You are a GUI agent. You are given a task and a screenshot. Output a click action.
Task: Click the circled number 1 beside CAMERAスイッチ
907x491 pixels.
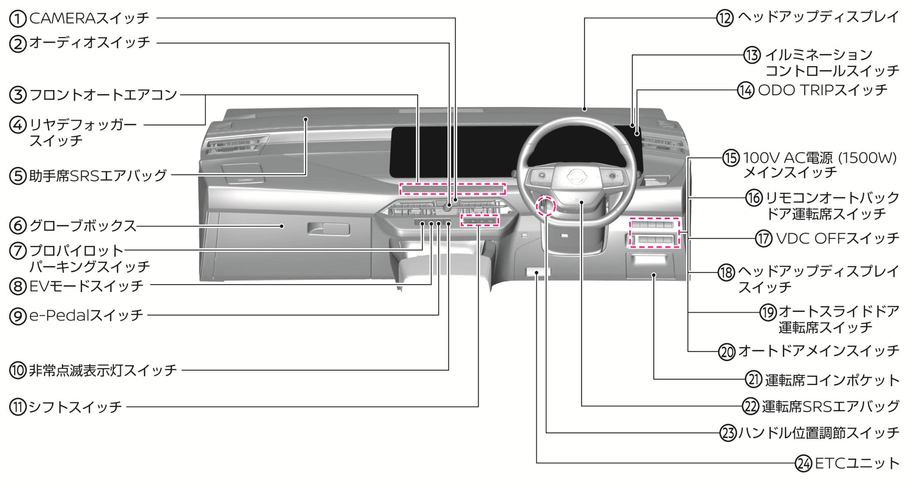tap(18, 18)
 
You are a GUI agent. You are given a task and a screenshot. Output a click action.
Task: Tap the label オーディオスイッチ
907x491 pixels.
tap(90, 43)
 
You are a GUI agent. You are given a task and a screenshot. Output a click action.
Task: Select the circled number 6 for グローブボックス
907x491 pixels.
tap(18, 226)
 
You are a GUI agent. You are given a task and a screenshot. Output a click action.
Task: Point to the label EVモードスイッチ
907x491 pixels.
tap(86, 286)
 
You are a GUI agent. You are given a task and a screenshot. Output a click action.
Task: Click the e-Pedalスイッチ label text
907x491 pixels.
tap(86, 316)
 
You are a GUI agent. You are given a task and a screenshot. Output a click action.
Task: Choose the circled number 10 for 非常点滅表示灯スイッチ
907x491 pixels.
tap(18, 370)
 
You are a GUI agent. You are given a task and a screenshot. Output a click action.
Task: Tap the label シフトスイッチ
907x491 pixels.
tap(75, 407)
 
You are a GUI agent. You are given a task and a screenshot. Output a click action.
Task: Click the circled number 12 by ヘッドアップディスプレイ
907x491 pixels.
tap(725, 18)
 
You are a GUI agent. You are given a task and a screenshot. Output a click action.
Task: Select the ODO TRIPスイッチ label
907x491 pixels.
tap(823, 90)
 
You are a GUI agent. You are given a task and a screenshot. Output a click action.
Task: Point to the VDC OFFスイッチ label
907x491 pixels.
tap(837, 239)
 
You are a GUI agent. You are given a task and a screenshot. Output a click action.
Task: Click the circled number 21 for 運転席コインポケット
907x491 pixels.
tap(754, 379)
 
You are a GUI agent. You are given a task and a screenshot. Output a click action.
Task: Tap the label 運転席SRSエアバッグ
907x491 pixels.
tap(831, 406)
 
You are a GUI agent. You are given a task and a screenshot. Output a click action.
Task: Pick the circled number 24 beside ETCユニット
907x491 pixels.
tap(804, 463)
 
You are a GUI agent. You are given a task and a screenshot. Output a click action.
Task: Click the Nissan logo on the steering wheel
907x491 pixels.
tap(575, 177)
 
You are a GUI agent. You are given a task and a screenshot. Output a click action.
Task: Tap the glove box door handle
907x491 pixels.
tap(328, 228)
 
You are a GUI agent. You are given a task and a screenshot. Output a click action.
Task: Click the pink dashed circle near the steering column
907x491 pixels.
tap(545, 206)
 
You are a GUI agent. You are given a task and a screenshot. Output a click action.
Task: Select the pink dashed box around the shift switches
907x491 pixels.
tap(479, 221)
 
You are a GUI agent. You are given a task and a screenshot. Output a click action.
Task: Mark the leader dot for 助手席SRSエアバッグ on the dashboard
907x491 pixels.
tap(306, 120)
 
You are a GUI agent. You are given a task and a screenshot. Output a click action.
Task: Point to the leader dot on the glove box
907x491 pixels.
tap(282, 226)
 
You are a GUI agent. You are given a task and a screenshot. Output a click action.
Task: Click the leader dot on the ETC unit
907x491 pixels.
tap(537, 273)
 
